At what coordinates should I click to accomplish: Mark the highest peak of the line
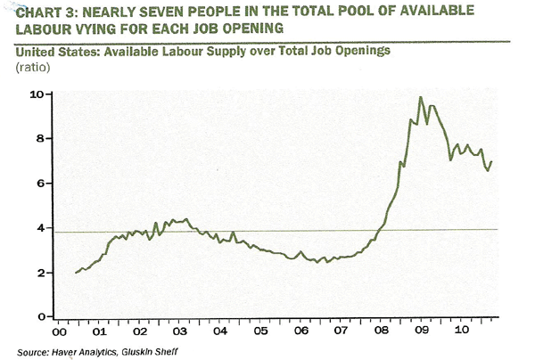pos(421,97)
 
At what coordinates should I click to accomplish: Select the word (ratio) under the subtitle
pos(33,67)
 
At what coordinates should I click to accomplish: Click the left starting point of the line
pos(77,273)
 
